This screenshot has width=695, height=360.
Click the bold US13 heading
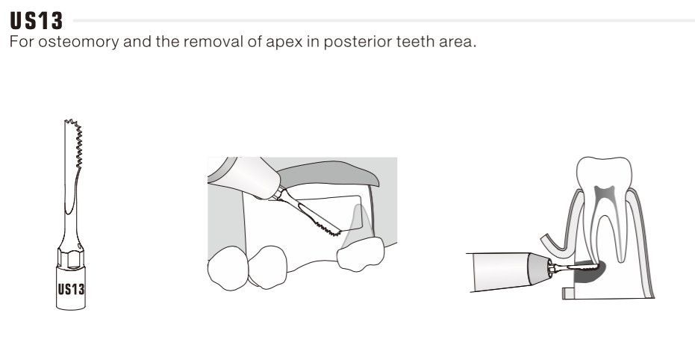pos(37,21)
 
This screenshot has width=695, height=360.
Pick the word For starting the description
pos(22,42)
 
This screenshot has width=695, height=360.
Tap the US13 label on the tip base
pos(71,290)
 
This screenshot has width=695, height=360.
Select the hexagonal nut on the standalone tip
pos(70,258)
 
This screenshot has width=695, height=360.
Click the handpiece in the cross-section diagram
pos(509,271)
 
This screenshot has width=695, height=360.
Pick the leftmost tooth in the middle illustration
pos(228,268)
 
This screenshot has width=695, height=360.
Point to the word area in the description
pos(458,42)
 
